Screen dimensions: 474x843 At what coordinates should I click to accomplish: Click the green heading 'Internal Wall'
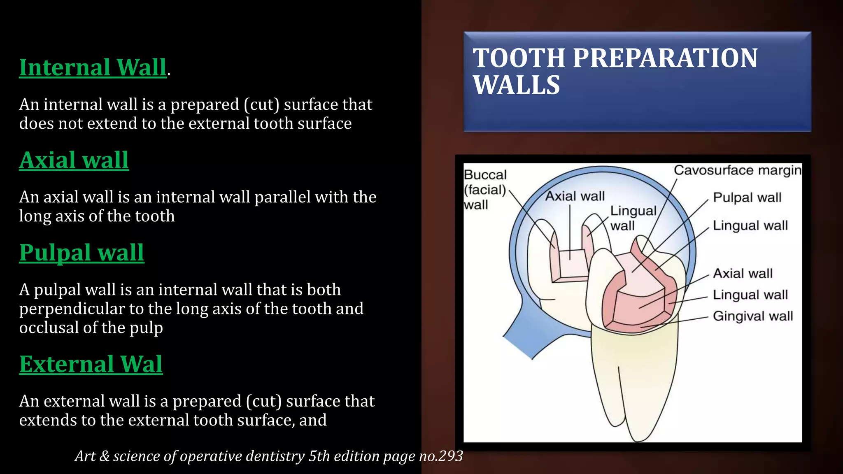[93, 67]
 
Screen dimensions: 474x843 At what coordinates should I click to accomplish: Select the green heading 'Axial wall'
[74, 160]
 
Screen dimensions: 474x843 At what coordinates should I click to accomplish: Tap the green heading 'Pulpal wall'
[82, 253]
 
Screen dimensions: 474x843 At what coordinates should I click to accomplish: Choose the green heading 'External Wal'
[91, 364]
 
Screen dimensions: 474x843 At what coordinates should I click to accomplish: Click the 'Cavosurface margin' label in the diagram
[737, 170]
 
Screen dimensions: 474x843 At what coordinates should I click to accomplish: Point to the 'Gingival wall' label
[752, 316]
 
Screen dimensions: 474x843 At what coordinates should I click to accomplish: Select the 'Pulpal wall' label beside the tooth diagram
[747, 197]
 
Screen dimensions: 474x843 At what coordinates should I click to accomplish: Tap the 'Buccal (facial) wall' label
[485, 190]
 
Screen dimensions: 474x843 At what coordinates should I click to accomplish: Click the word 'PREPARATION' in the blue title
[665, 58]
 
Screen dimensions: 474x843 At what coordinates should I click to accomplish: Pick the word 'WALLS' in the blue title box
[517, 85]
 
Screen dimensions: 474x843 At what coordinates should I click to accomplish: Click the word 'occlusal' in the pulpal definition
[56, 328]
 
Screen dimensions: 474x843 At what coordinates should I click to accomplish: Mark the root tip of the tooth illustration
[636, 439]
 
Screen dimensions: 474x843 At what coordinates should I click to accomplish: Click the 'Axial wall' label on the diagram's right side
[742, 273]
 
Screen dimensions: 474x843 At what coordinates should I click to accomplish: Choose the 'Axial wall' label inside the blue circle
[575, 196]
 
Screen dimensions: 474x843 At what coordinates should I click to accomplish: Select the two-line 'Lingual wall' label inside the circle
[633, 218]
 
